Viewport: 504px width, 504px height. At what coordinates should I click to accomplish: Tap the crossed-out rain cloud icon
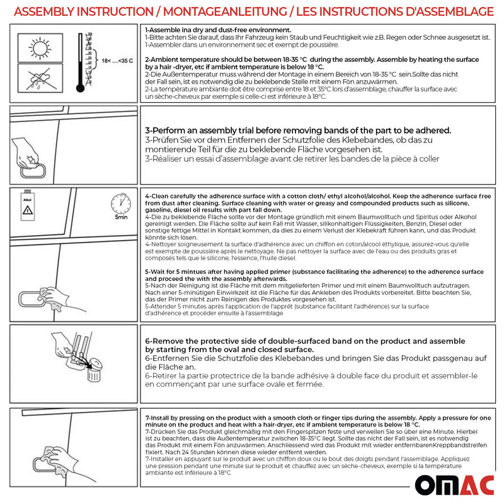pyautogui.click(x=39, y=81)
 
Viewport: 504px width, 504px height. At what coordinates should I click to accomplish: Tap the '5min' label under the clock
pyautogui.click(x=121, y=217)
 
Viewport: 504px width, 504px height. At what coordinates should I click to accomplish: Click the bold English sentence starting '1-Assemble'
pyautogui.click(x=218, y=30)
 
